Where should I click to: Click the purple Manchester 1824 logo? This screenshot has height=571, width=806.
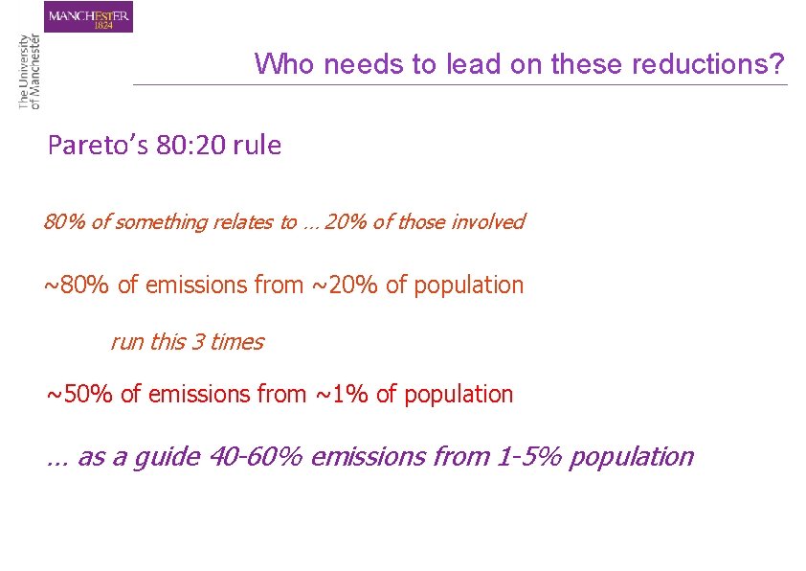89,16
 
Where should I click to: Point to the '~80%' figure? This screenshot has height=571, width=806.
77,285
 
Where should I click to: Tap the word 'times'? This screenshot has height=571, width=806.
236,342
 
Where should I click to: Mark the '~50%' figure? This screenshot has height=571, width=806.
80,394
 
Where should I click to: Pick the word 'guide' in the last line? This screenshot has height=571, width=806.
165,457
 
